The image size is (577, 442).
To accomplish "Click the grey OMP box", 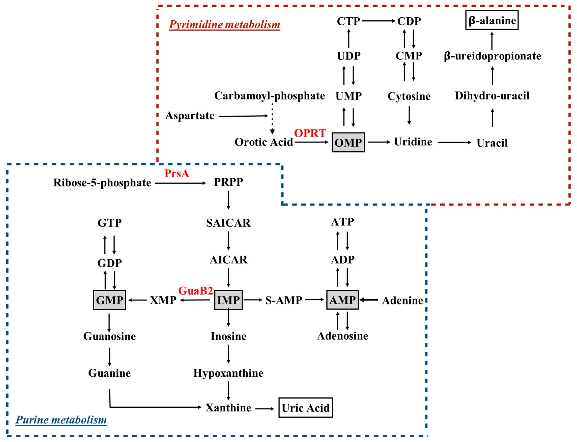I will (x=348, y=142).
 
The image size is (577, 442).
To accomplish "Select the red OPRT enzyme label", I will (x=310, y=133).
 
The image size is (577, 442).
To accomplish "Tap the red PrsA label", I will (x=177, y=173).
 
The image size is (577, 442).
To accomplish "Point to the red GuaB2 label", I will (x=195, y=291).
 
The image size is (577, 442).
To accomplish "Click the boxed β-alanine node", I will (x=492, y=20).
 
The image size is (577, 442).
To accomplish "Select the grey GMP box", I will (x=109, y=300).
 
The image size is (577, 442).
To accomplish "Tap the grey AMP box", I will (x=342, y=300).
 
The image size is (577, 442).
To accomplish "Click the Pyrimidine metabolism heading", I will (x=224, y=24).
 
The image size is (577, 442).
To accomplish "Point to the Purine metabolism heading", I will (x=61, y=420).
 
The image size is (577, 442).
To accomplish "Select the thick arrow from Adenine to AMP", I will (x=369, y=300).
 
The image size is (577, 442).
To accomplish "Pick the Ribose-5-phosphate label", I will (x=102, y=183).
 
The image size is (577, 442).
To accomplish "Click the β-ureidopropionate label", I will (x=492, y=56).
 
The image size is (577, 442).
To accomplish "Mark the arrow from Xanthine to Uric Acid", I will (x=265, y=409).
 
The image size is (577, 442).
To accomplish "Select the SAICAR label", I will (x=228, y=223).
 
